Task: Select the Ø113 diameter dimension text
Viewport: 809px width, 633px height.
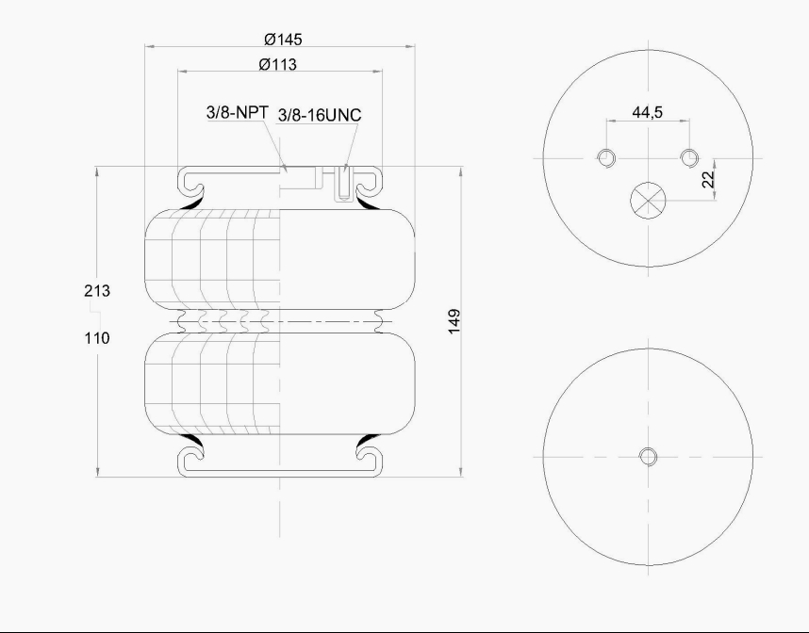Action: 278,65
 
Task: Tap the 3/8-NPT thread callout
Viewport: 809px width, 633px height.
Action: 238,112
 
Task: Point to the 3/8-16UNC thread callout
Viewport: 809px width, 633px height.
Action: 320,114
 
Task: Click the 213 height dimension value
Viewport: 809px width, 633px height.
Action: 97,291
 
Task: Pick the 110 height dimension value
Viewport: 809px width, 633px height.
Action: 97,337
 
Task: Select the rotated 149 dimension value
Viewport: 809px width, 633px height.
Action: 454,321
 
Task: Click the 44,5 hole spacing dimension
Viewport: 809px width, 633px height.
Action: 647,112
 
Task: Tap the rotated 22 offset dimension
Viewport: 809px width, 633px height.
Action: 708,177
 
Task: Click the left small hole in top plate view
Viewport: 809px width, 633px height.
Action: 605,156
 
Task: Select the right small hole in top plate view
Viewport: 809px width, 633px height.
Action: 689,156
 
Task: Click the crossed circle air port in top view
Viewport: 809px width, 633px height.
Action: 647,199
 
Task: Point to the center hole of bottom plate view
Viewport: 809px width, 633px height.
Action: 647,457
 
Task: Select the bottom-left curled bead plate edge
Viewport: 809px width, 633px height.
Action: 192,460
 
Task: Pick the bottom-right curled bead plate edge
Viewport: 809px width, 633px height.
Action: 369,460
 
